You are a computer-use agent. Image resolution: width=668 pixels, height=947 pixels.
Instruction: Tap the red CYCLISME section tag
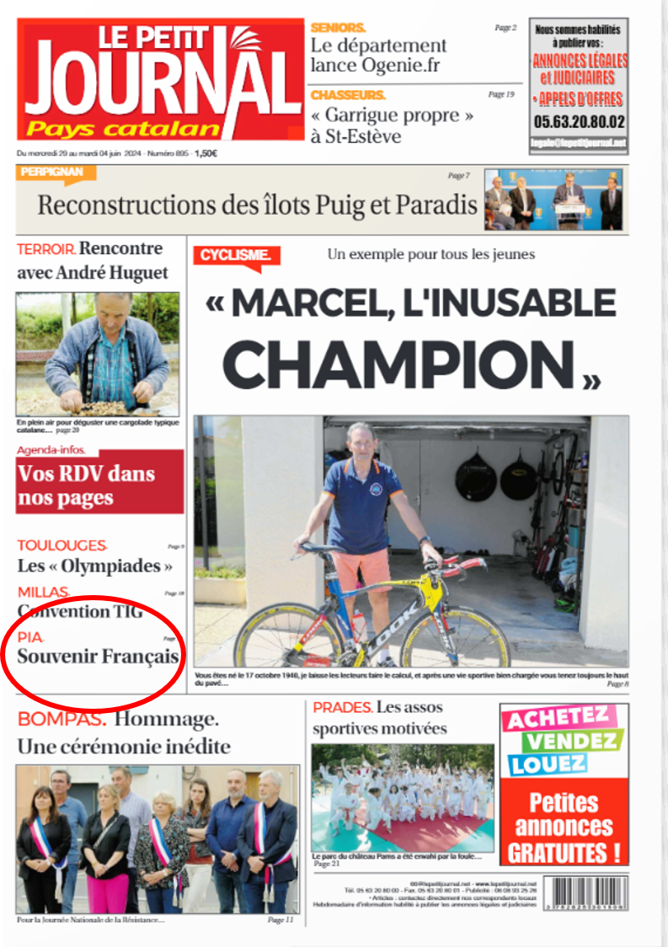point(236,255)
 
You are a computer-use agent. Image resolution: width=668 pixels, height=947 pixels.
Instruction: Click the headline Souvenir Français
point(99,657)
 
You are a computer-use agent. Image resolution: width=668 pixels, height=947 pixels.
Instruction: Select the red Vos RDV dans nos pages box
point(99,486)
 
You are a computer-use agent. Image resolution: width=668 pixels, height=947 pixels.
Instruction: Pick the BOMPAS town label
point(61,720)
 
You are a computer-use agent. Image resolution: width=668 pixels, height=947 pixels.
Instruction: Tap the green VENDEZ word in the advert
point(573,742)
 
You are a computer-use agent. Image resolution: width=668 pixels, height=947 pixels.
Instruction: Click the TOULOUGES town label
point(61,545)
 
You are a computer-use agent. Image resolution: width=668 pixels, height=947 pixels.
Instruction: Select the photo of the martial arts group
point(403,796)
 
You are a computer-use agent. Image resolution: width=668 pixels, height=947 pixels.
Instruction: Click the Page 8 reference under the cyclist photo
point(617,684)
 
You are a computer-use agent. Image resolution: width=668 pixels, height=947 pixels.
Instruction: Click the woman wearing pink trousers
point(107,850)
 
